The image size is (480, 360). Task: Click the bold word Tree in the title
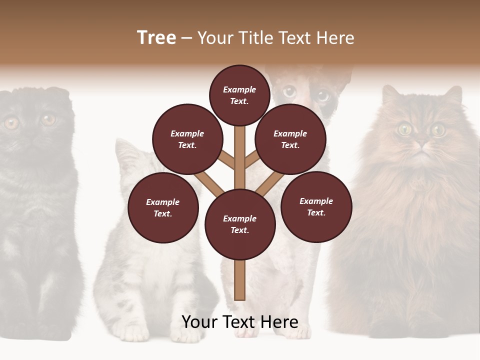[x=156, y=38]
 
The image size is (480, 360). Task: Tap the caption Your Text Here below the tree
[x=239, y=322]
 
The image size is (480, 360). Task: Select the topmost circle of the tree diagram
[x=239, y=95]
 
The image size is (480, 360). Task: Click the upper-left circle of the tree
[x=187, y=139]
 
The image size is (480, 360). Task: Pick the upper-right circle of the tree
[x=290, y=139]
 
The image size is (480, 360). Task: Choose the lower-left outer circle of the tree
[x=163, y=207]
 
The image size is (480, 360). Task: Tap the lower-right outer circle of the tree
[x=316, y=206]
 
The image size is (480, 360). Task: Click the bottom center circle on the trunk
[x=240, y=224]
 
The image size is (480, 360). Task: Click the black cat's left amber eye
[x=11, y=122]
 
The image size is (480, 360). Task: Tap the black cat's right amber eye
[x=48, y=119]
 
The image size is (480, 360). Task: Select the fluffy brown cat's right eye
[x=438, y=129]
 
